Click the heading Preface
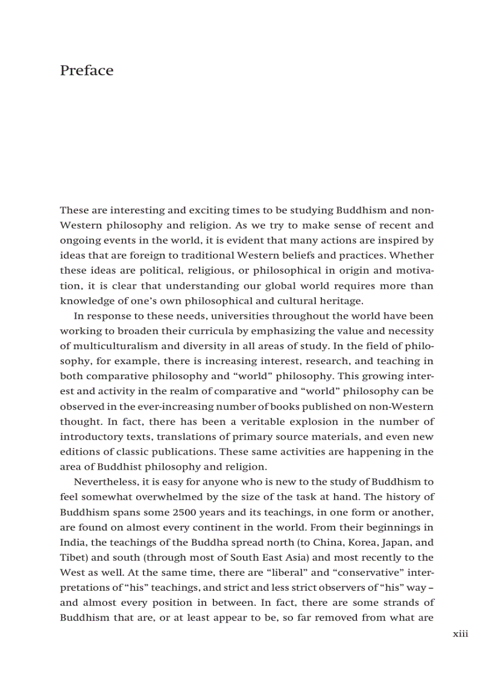(x=86, y=71)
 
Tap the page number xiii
(x=460, y=634)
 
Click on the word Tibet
(x=72, y=557)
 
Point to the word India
(x=72, y=542)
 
